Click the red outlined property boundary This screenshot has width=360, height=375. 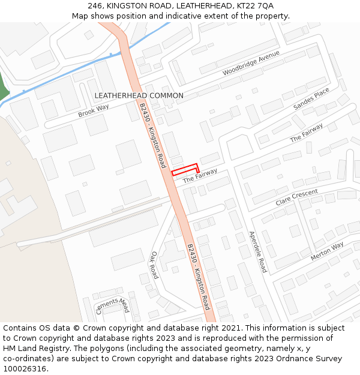[x=185, y=170]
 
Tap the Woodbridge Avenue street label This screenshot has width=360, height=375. [x=251, y=64]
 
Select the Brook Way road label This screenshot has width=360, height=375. [x=94, y=110]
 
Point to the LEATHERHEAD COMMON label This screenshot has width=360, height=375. [x=139, y=95]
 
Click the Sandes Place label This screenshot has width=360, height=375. [x=311, y=99]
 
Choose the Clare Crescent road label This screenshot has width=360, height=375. [x=296, y=198]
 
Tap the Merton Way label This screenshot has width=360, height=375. [x=327, y=251]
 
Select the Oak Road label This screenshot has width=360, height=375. [x=154, y=265]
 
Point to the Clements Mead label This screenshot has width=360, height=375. [x=113, y=305]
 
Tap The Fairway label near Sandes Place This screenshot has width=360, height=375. [x=307, y=133]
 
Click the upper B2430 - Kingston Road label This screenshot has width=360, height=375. [x=152, y=135]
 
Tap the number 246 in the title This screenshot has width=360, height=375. [x=95, y=5]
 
